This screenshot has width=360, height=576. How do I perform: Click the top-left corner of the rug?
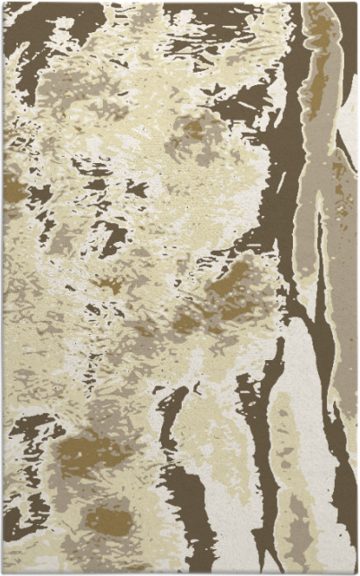(x=3, y=3)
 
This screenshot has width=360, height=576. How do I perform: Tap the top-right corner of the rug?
(x=356, y=3)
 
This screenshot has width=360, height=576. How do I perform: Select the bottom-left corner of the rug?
(x=3, y=572)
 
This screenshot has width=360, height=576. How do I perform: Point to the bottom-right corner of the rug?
(x=356, y=572)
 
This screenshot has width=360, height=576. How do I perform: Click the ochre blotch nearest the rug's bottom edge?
(x=107, y=519)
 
